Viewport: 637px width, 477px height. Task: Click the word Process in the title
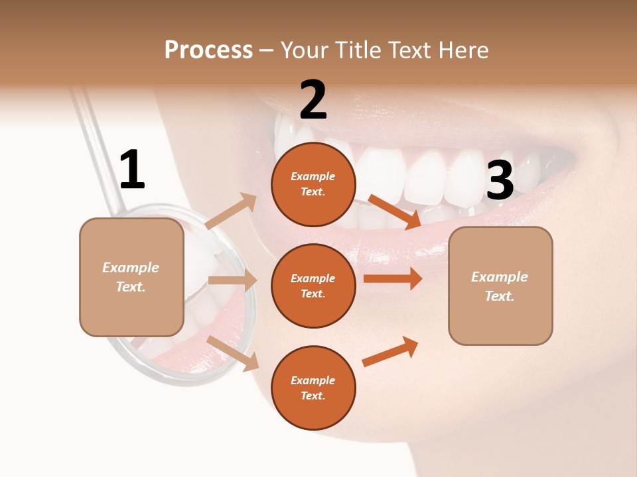point(208,50)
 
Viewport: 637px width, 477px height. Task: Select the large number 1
point(131,170)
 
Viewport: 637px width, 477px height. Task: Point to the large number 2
point(313,100)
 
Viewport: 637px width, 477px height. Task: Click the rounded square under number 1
point(131,277)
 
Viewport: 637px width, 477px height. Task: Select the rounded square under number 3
point(500,286)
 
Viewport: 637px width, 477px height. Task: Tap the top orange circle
point(313,184)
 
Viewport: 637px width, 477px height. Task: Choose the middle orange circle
point(313,286)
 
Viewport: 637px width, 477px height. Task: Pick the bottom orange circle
point(313,388)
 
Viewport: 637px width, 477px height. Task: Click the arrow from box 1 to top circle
point(231,211)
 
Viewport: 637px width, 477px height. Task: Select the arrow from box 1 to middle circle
point(232,280)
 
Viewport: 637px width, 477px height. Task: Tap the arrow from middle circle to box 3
point(393,279)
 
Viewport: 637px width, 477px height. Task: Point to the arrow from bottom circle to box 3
point(390,351)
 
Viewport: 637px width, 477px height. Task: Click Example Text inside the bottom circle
point(313,388)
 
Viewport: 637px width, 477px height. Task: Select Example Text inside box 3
point(500,286)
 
